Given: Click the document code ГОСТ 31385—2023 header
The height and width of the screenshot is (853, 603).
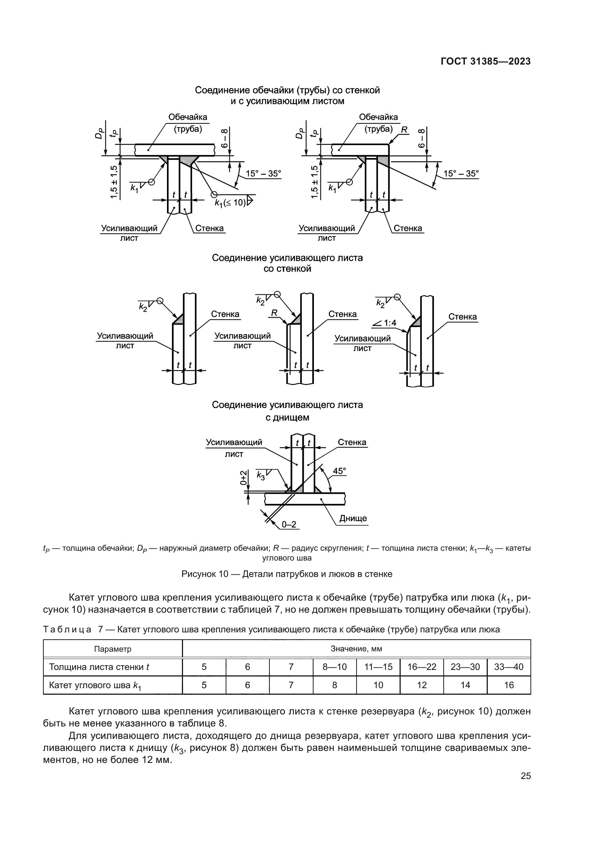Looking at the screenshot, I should (x=486, y=62).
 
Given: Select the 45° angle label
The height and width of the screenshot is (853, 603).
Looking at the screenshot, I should (x=339, y=471).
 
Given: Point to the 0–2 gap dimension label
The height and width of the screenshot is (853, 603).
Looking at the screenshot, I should (x=289, y=524).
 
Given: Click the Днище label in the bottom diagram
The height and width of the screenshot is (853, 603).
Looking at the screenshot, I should (x=353, y=518).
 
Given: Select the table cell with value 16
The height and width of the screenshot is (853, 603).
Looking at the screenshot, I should (x=509, y=685).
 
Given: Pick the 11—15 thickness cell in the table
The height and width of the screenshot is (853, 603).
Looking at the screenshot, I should (x=378, y=667).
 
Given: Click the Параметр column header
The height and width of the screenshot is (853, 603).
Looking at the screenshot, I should (x=113, y=649).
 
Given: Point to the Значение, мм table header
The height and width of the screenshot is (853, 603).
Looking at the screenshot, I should (x=356, y=649).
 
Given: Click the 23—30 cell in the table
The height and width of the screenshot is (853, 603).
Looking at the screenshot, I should (x=465, y=667).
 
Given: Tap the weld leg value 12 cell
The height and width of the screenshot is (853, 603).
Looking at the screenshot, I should (x=422, y=685).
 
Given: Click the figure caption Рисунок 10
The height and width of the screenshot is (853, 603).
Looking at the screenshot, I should (x=287, y=574).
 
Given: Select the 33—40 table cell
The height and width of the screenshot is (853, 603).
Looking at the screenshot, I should (x=509, y=667).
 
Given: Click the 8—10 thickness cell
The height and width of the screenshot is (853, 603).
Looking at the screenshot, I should (x=335, y=667).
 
